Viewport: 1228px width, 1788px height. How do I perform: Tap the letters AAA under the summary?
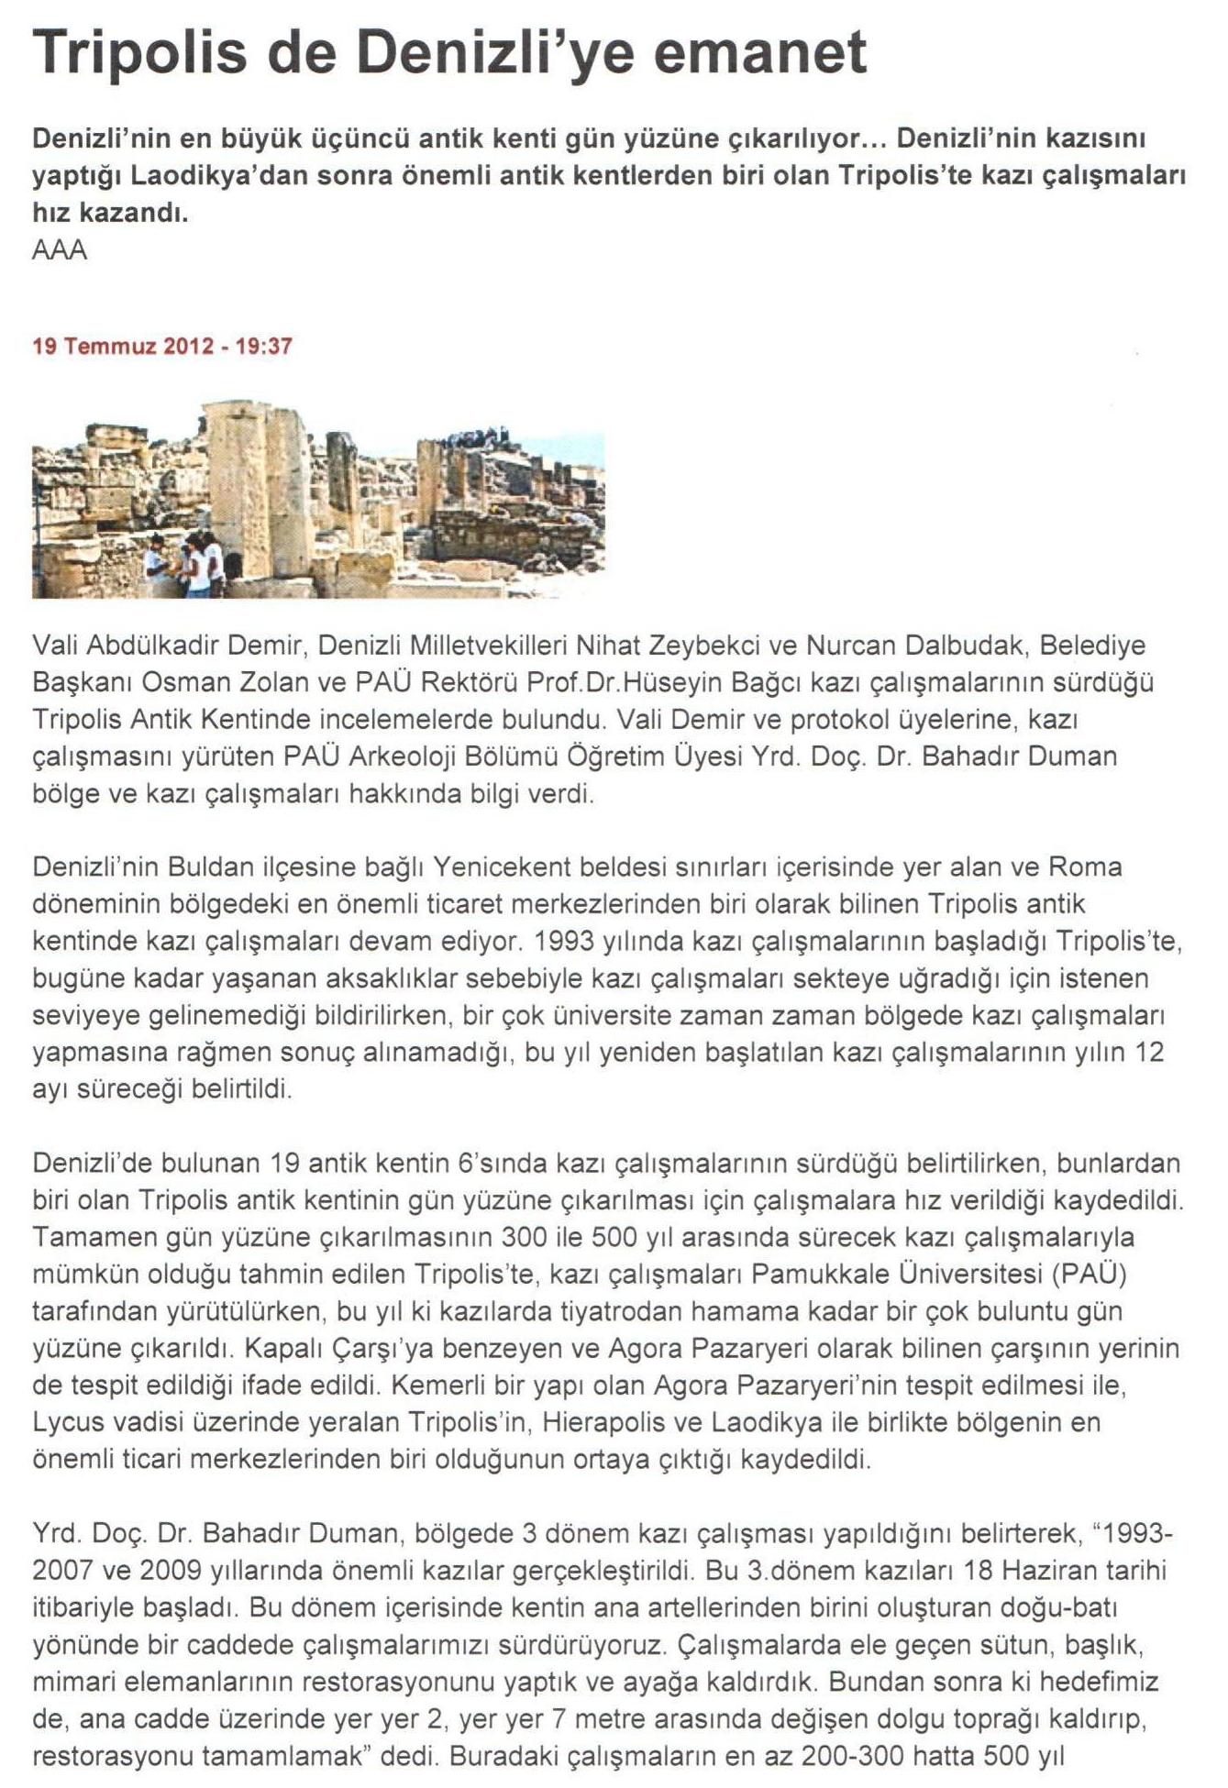coord(60,250)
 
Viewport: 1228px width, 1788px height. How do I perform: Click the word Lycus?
coord(69,1422)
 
